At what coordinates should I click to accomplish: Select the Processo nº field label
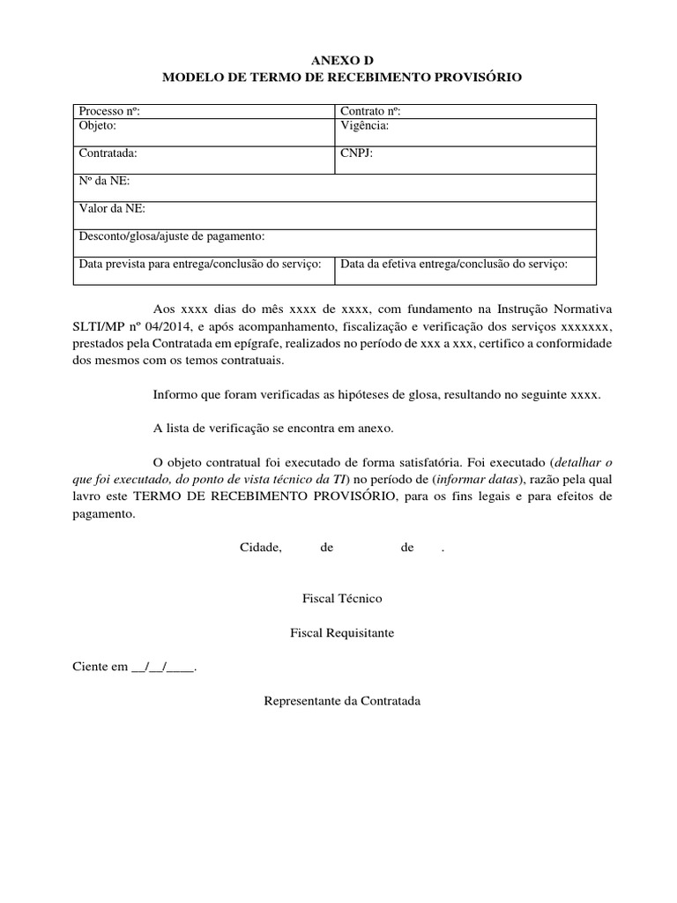(x=109, y=111)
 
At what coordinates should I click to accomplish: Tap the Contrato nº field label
(x=371, y=111)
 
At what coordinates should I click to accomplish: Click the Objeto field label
(x=98, y=126)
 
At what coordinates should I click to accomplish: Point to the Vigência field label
(x=364, y=126)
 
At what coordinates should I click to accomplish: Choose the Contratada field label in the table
(x=108, y=153)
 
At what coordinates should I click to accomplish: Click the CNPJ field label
(x=357, y=153)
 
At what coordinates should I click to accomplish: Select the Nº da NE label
(x=104, y=181)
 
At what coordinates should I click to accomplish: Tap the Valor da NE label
(x=112, y=209)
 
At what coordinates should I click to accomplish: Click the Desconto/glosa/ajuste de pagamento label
(x=172, y=237)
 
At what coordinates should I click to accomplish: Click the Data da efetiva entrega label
(x=453, y=264)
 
